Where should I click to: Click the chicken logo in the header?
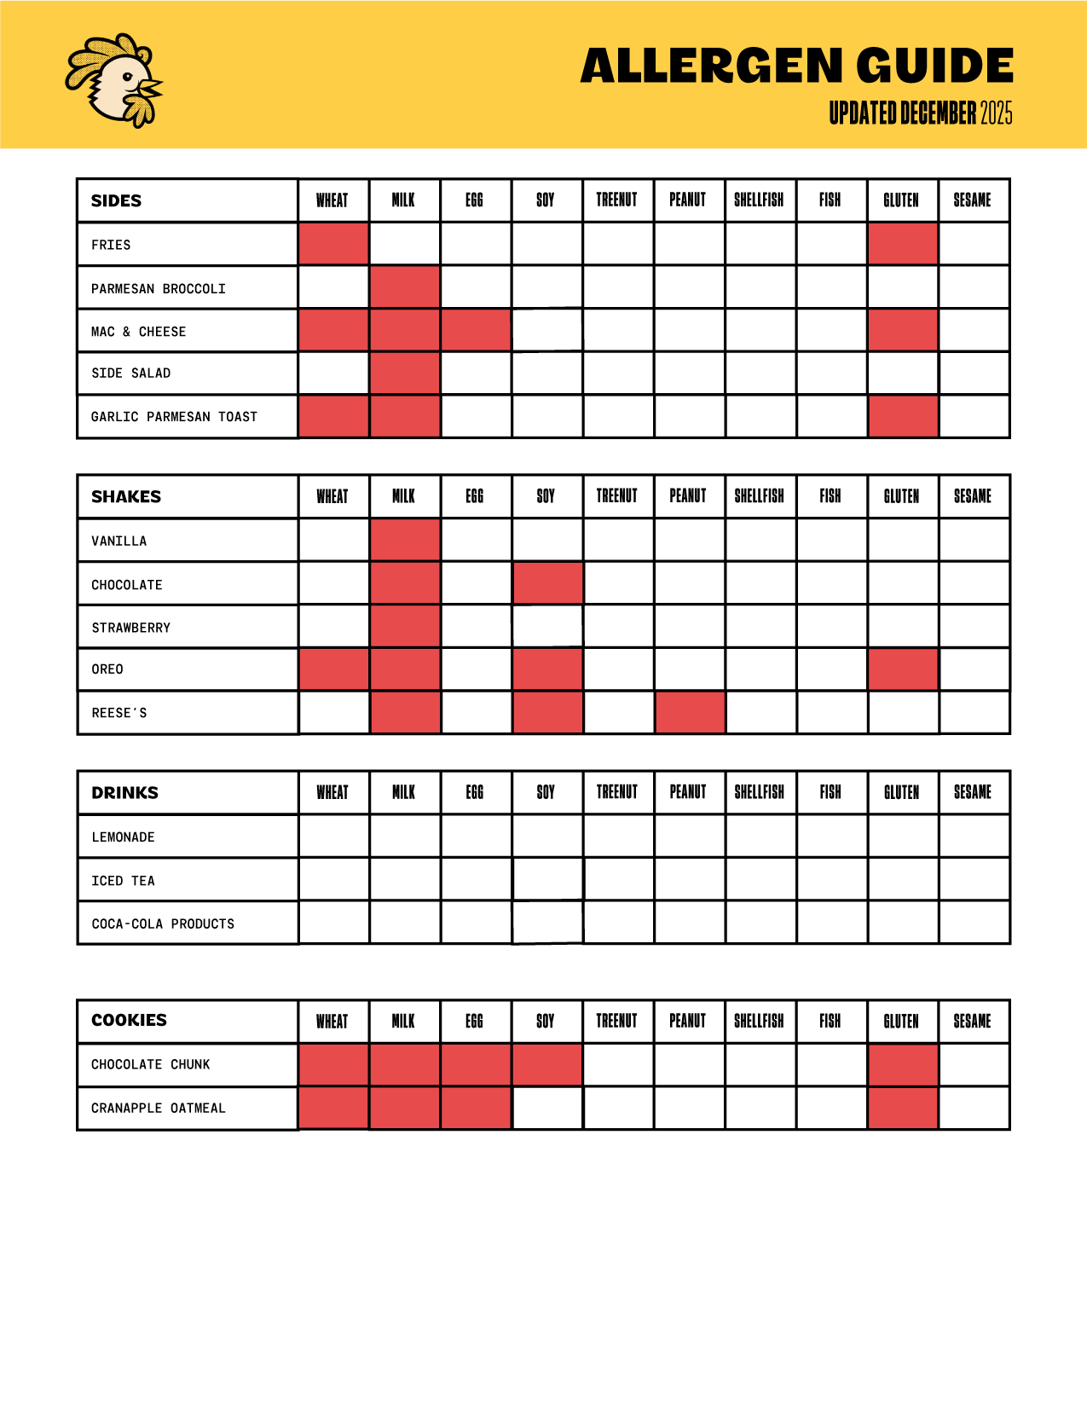point(114,81)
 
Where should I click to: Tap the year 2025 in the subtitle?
point(996,113)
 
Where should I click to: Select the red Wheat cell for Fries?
point(333,244)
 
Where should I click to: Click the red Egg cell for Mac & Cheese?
point(476,330)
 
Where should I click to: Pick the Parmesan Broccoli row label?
point(159,289)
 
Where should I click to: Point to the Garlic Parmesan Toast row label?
point(174,417)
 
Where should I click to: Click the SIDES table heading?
point(117,201)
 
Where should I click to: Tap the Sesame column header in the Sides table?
point(972,200)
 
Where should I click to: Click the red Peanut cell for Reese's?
point(690,713)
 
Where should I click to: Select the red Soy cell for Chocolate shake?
point(547,583)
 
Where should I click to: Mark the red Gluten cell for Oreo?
point(903,669)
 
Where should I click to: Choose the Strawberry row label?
point(131,628)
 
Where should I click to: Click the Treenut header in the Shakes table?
point(616,496)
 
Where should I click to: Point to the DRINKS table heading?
point(125,793)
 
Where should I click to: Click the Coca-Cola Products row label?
point(163,924)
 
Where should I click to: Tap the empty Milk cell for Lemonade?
point(405,837)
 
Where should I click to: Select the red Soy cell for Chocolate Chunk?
point(547,1065)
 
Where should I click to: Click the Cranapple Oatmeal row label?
point(159,1109)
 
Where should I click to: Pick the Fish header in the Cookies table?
point(830,1021)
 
